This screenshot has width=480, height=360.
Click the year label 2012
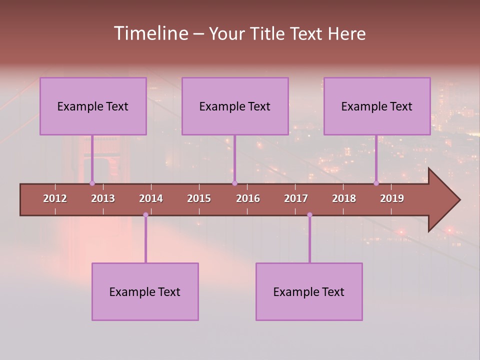click(x=55, y=198)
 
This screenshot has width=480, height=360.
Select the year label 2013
click(x=103, y=198)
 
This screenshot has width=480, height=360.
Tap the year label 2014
click(x=151, y=198)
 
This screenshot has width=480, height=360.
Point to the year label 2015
click(x=199, y=198)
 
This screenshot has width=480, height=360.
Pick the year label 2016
click(x=248, y=198)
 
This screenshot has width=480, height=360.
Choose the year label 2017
click(x=296, y=198)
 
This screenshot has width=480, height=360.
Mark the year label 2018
click(x=344, y=198)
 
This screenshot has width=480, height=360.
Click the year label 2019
click(x=392, y=198)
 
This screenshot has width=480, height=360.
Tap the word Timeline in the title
click(x=150, y=33)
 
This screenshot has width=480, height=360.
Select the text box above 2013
click(x=93, y=106)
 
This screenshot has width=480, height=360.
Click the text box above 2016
click(x=235, y=106)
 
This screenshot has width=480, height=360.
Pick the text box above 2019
click(x=377, y=106)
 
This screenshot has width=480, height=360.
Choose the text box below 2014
click(x=145, y=291)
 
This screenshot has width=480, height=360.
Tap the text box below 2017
click(x=309, y=291)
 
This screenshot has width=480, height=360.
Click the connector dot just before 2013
click(x=92, y=183)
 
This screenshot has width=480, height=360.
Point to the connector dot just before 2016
click(x=234, y=183)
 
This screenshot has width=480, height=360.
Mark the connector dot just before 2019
click(x=376, y=183)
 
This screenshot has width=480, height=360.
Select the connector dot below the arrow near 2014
click(x=145, y=214)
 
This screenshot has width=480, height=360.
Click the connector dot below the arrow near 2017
click(x=309, y=214)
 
